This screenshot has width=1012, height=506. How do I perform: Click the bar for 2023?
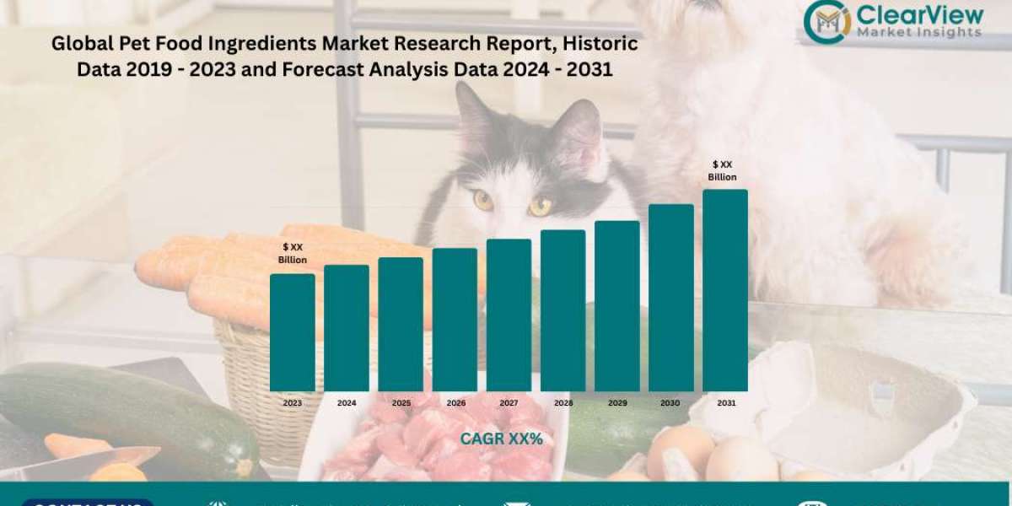(292, 332)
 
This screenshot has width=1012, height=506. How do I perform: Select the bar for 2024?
(347, 328)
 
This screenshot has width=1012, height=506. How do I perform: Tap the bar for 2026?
(455, 320)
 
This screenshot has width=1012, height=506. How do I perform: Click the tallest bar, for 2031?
(725, 290)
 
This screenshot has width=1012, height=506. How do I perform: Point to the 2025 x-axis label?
(401, 403)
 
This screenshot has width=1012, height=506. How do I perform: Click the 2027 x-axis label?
(509, 403)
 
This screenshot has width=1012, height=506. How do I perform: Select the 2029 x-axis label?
(616, 403)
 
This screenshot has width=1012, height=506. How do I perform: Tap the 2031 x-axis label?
(725, 403)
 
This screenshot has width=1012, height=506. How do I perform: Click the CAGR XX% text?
(501, 439)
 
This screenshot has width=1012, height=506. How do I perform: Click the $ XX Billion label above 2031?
(724, 170)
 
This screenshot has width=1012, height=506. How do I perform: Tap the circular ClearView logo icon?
(826, 21)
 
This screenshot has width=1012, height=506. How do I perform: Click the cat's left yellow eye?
(483, 200)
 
